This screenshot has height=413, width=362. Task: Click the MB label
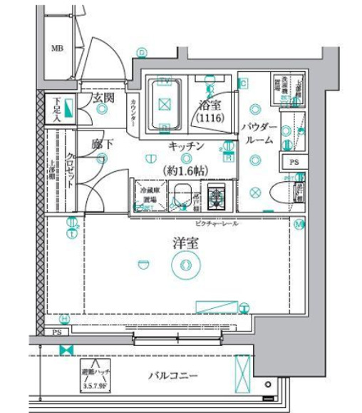(56, 49)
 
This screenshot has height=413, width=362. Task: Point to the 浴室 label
(210, 104)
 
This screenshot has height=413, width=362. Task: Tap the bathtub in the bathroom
(165, 104)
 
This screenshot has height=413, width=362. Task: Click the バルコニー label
(173, 376)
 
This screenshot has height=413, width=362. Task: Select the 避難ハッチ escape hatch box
(94, 375)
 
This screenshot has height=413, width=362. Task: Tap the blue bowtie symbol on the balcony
(66, 350)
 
